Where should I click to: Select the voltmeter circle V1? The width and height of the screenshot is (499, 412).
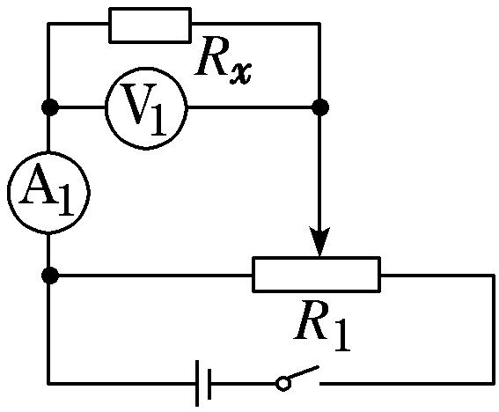pyautogui.click(x=106, y=107)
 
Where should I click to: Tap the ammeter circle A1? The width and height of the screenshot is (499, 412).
pyautogui.click(x=8, y=193)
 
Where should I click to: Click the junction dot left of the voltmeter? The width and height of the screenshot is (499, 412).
pyautogui.click(x=50, y=107)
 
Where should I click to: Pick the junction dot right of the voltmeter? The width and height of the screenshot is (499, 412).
pyautogui.click(x=320, y=107)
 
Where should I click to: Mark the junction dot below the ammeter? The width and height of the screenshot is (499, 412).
pyautogui.click(x=50, y=276)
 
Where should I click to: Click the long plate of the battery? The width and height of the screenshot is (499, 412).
pyautogui.click(x=197, y=383)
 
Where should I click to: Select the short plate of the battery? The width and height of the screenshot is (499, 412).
pyautogui.click(x=209, y=384)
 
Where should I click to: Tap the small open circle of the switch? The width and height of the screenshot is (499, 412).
pyautogui.click(x=283, y=383)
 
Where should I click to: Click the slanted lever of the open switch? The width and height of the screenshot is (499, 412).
pyautogui.click(x=304, y=373)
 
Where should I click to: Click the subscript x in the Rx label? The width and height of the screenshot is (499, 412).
pyautogui.click(x=240, y=74)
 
